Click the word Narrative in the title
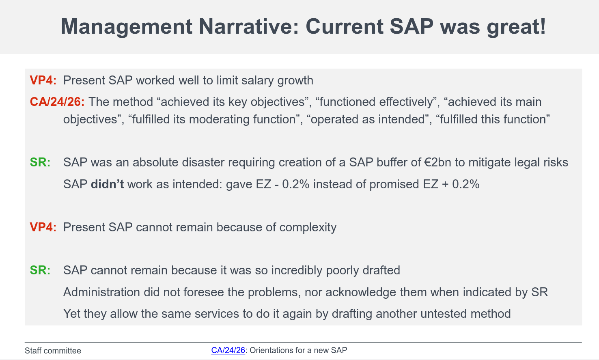click(248, 27)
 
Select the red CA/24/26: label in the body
click(57, 102)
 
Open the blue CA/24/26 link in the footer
click(228, 350)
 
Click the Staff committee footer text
click(53, 351)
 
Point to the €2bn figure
click(437, 162)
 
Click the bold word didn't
click(107, 184)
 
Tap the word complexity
click(308, 227)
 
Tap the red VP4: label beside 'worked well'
click(43, 80)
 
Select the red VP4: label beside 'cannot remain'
click(43, 227)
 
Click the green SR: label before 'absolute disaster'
click(40, 162)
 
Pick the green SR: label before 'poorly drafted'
click(40, 270)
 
